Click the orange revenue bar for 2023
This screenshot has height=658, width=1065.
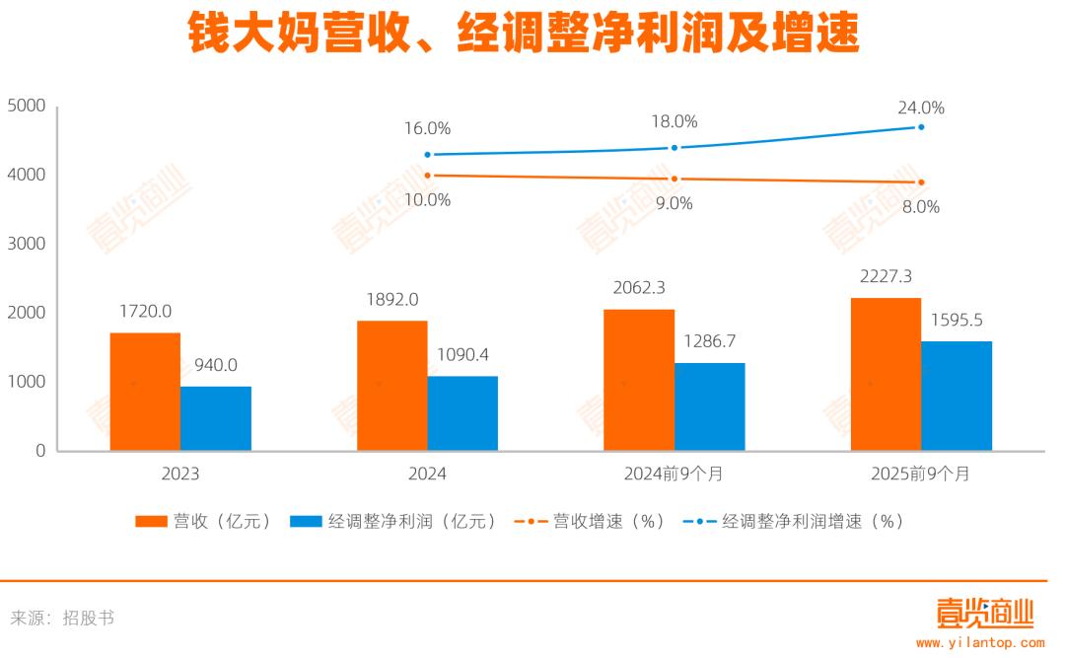coord(145,392)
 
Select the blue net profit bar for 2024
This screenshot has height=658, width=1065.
coord(462,413)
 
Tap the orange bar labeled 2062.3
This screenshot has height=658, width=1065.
coord(639,380)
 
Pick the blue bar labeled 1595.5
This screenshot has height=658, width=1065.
coord(957,396)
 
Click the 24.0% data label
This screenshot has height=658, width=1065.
coord(920,108)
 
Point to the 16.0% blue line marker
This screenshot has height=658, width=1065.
coord(427,155)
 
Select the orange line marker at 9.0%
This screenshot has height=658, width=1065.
coord(674,179)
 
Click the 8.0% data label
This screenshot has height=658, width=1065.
coord(920,207)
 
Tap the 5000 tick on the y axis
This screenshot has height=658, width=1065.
coord(27,106)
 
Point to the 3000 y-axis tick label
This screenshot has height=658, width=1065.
coord(27,244)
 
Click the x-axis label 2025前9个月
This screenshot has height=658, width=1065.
coord(920,474)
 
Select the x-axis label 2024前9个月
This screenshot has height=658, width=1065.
coord(674,474)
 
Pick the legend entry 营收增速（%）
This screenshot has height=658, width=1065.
coord(590,521)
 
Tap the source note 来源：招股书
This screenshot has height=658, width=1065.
coord(62,619)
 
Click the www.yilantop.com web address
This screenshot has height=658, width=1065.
coord(980,642)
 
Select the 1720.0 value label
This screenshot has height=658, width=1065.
coord(145,312)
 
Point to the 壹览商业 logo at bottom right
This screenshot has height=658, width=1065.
coord(983,613)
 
